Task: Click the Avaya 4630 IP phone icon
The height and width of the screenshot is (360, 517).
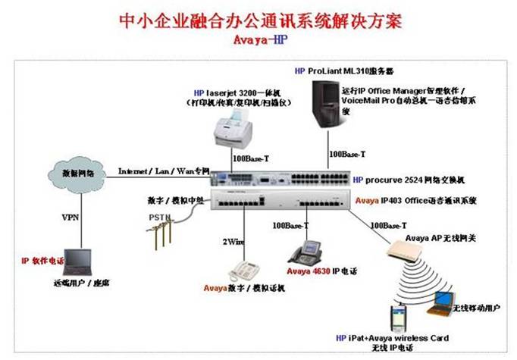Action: tap(308, 250)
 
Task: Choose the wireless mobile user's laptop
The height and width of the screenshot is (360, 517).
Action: tap(439, 304)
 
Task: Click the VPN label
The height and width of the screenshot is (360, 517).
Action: tap(70, 216)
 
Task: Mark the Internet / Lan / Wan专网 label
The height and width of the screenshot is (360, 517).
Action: tap(162, 171)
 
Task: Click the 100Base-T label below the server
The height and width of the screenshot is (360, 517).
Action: tap(347, 154)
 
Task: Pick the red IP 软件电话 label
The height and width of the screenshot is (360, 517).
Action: tap(42, 261)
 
